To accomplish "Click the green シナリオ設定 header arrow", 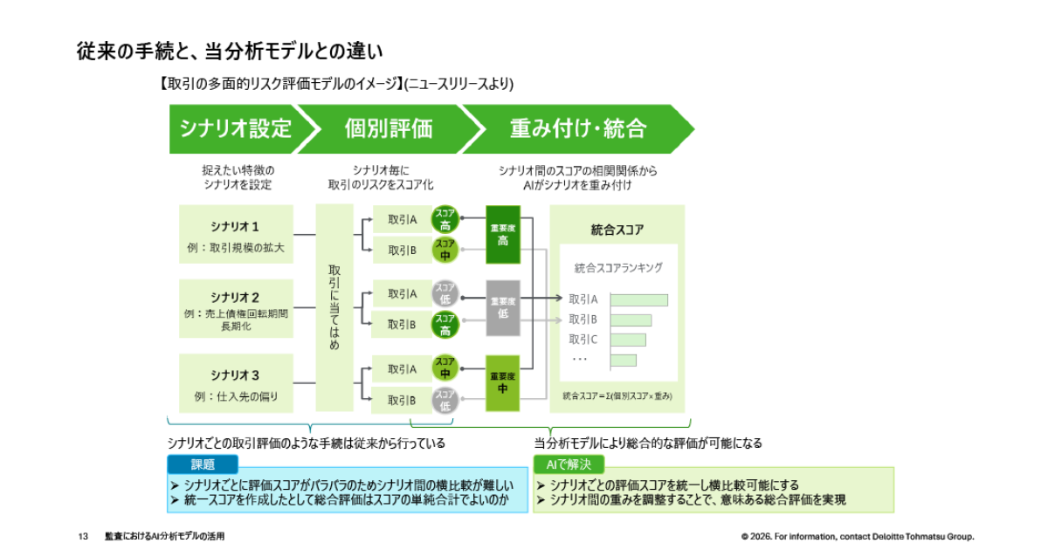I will click(234, 129).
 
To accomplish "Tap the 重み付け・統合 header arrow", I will click(577, 129).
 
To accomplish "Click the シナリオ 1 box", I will click(236, 236).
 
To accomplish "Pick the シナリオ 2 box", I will click(236, 308).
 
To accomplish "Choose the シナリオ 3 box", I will click(236, 383).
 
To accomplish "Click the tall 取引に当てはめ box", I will click(334, 307).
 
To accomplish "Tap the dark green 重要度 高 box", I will click(503, 235).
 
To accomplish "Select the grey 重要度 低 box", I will click(503, 307).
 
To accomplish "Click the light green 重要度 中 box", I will click(503, 382).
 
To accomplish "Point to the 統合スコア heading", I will click(617, 230).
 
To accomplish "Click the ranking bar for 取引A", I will click(638, 299).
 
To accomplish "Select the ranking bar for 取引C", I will click(628, 340).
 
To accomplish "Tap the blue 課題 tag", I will click(203, 464).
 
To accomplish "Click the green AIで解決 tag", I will click(569, 464).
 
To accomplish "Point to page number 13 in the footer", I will click(84, 536).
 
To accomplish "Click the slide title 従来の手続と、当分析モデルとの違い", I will click(229, 52).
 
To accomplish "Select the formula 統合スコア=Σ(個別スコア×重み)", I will click(617, 395).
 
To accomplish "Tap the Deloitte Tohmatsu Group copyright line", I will click(858, 536).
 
